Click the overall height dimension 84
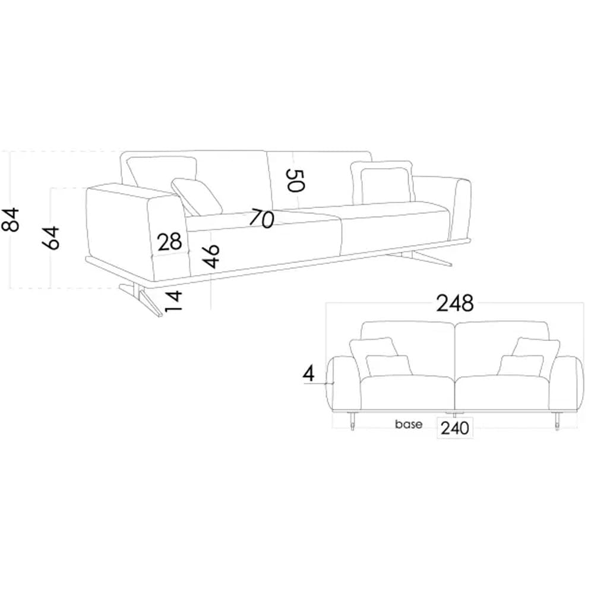(12, 219)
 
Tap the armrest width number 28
(169, 242)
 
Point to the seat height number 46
(211, 256)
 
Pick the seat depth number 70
(261, 219)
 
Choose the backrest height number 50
(295, 180)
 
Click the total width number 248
(455, 304)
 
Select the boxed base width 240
(456, 427)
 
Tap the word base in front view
(409, 425)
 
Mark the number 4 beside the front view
(308, 374)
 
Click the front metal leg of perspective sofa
(146, 300)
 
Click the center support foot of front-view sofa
(455, 413)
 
